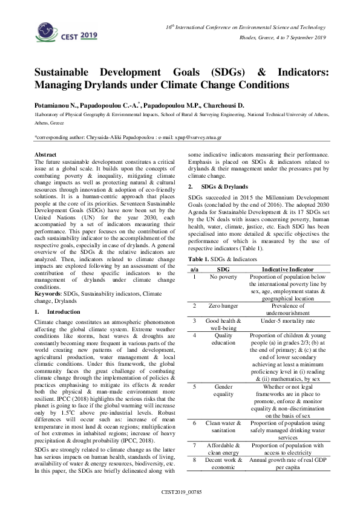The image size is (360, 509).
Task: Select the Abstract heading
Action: [x=46, y=155]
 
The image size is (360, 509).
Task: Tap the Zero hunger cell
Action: [x=223, y=306]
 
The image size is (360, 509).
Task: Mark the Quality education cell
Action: [x=223, y=339]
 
